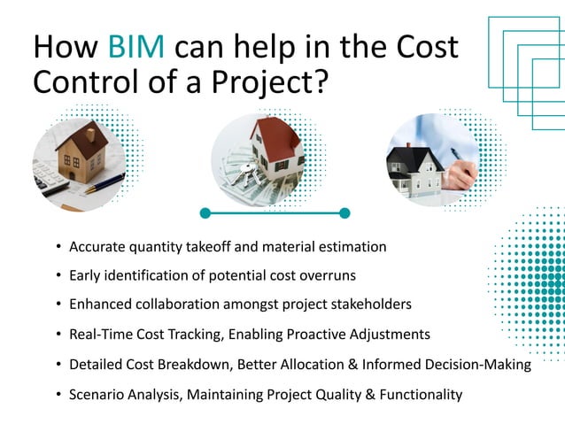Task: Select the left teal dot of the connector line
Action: tap(205, 212)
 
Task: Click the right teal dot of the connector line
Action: tap(344, 212)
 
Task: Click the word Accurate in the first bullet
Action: tap(99, 245)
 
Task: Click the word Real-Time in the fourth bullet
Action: tap(101, 335)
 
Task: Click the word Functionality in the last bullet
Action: tap(419, 395)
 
